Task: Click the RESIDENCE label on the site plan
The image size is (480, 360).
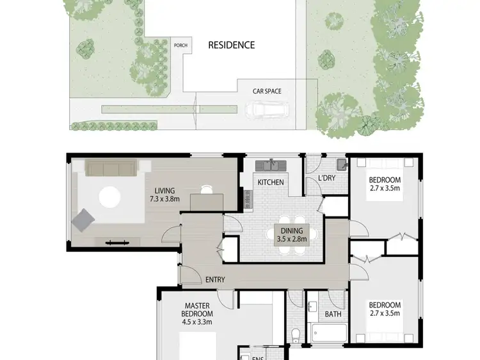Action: tap(231, 45)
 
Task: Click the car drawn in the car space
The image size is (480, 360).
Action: tap(269, 110)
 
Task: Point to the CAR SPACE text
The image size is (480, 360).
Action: tap(266, 92)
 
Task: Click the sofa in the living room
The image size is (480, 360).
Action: tap(111, 168)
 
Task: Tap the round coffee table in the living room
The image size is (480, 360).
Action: tap(109, 197)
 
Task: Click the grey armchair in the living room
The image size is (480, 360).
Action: tap(83, 220)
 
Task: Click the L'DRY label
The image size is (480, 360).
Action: tap(327, 178)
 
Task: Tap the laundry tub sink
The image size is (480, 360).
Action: tap(342, 165)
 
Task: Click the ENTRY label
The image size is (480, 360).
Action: tap(214, 280)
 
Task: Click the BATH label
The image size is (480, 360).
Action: tap(332, 315)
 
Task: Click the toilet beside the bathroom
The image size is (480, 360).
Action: tap(296, 334)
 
